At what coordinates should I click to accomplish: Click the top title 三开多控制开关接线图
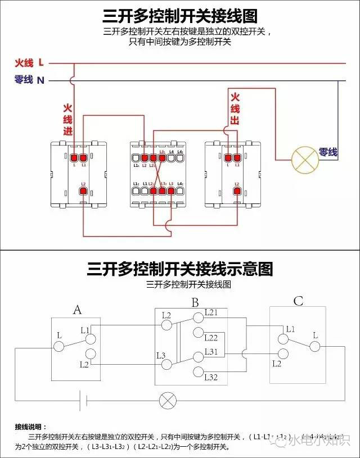[x=180, y=15]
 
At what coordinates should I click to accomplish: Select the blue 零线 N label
[x=29, y=80]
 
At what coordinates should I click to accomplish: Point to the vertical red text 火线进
[x=67, y=120]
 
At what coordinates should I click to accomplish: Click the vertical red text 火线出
[x=235, y=109]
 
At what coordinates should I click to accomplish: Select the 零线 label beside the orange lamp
[x=328, y=152]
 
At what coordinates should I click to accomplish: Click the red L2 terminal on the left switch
[x=83, y=192]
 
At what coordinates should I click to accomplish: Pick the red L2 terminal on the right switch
[x=237, y=192]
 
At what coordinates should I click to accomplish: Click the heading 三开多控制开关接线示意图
[x=180, y=269]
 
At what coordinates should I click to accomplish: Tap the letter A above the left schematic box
[x=78, y=309]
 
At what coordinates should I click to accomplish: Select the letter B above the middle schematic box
[x=195, y=303]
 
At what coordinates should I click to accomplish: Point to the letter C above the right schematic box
[x=298, y=302]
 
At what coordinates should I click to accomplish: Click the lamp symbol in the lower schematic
[x=167, y=401]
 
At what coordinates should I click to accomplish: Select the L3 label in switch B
[x=161, y=355]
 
